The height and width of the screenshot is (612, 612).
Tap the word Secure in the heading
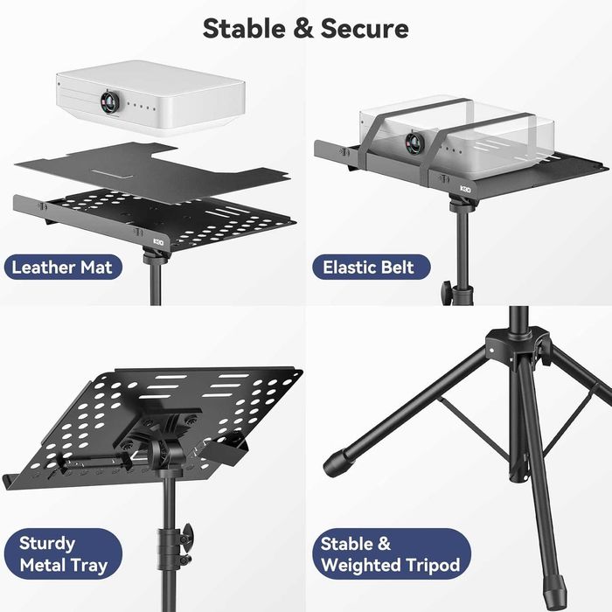[365, 28]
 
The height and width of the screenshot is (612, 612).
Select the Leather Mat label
[62, 268]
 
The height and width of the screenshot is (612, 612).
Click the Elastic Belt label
[368, 268]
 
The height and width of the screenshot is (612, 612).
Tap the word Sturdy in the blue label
[47, 543]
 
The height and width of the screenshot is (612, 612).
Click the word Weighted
[360, 565]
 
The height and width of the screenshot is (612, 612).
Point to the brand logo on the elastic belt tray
[468, 188]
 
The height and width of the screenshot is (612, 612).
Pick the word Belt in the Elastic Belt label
[398, 268]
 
